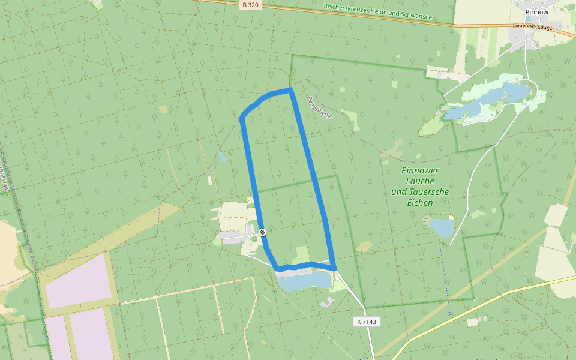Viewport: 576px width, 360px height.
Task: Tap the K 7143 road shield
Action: (x=366, y=322)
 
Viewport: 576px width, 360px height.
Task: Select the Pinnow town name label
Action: (x=536, y=12)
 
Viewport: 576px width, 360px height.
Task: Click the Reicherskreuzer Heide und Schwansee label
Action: (x=377, y=11)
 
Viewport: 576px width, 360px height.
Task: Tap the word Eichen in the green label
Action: (x=420, y=203)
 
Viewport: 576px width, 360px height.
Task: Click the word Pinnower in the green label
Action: (x=420, y=170)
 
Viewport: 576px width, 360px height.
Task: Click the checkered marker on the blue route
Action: (x=262, y=232)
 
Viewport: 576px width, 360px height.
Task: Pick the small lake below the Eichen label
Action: (x=442, y=228)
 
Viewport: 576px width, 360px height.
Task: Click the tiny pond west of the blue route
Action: (x=221, y=157)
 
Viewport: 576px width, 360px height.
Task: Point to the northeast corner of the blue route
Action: (x=290, y=90)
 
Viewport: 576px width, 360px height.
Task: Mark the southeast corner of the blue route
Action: (x=334, y=268)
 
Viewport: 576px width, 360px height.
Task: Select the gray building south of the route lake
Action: (x=327, y=303)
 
